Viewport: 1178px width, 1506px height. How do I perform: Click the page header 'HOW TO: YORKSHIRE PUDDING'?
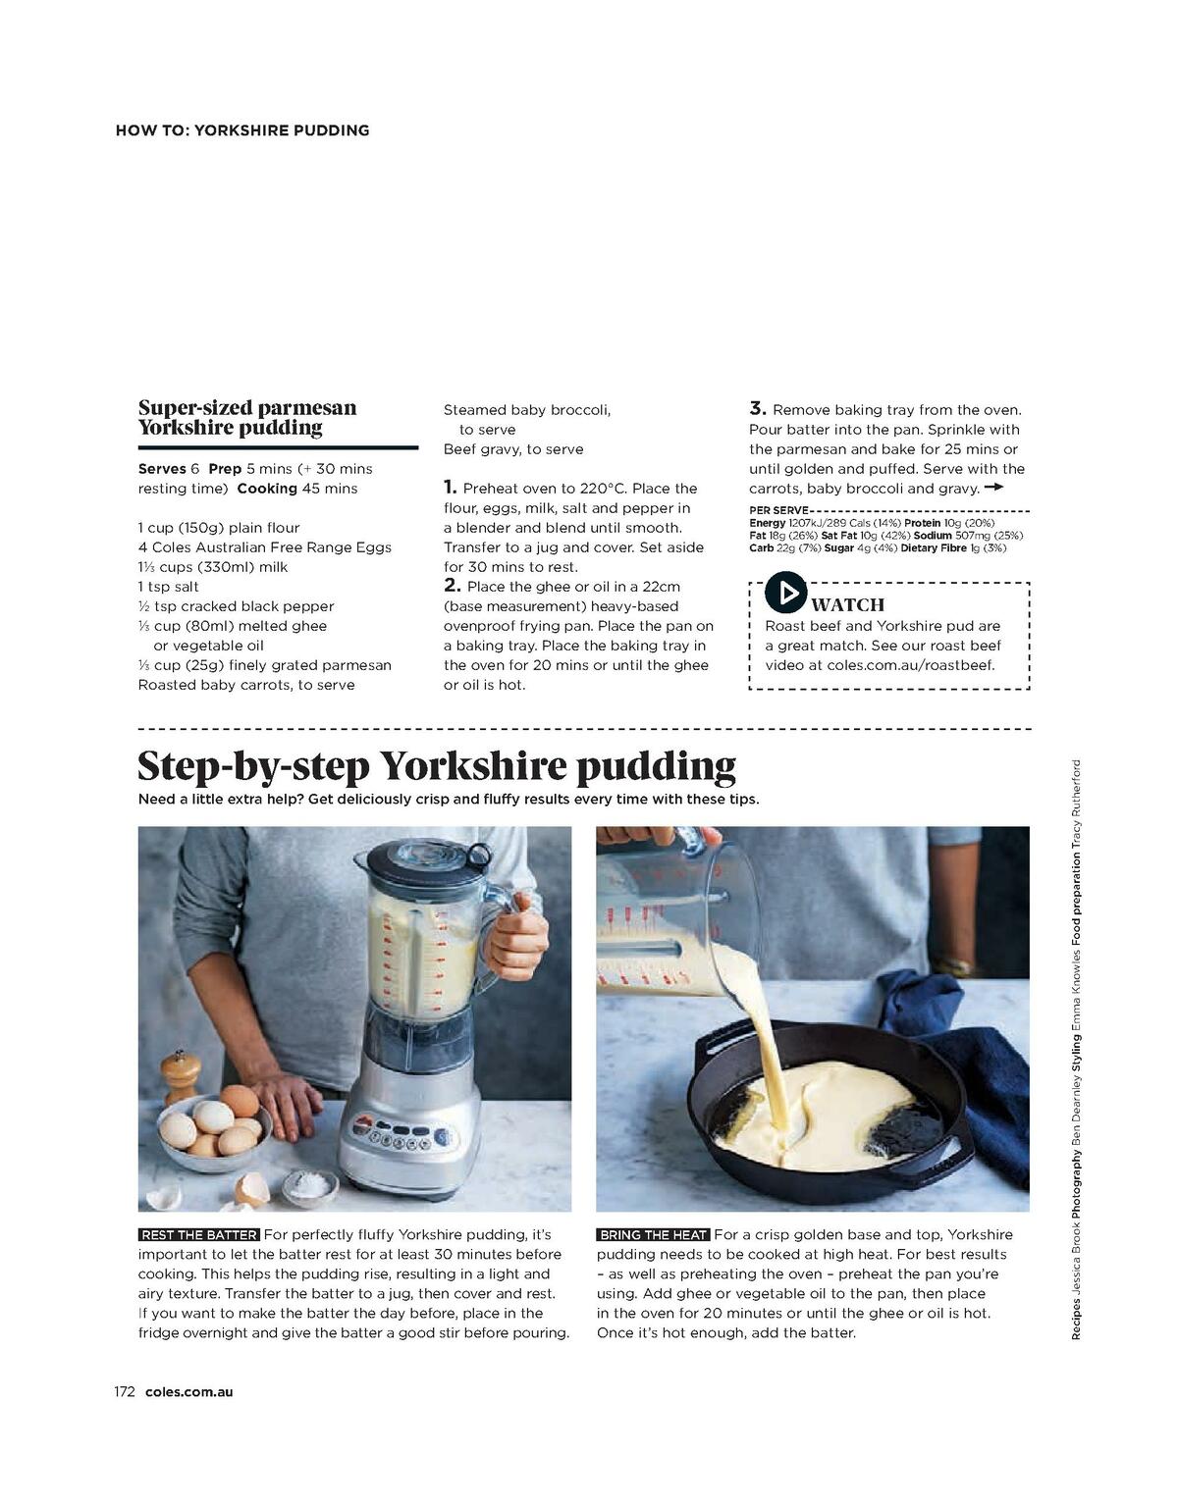[242, 130]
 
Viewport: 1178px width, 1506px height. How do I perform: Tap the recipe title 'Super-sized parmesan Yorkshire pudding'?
[247, 417]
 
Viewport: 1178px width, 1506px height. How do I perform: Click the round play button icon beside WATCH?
[785, 594]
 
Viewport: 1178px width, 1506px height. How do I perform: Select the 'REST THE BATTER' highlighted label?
[200, 1235]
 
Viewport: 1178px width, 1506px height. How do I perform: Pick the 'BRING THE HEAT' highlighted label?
[653, 1235]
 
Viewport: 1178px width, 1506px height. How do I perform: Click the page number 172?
[124, 1391]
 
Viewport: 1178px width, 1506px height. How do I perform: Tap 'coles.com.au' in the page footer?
[188, 1391]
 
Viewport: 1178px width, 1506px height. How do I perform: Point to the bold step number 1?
[450, 487]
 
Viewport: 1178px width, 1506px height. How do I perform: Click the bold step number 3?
[757, 408]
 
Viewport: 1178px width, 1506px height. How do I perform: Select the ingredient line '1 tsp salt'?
[169, 587]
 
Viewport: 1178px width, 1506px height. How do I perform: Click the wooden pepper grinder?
[181, 1076]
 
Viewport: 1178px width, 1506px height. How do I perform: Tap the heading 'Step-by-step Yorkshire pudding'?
[437, 765]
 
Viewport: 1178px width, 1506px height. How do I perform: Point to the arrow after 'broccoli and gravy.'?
[993, 488]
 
